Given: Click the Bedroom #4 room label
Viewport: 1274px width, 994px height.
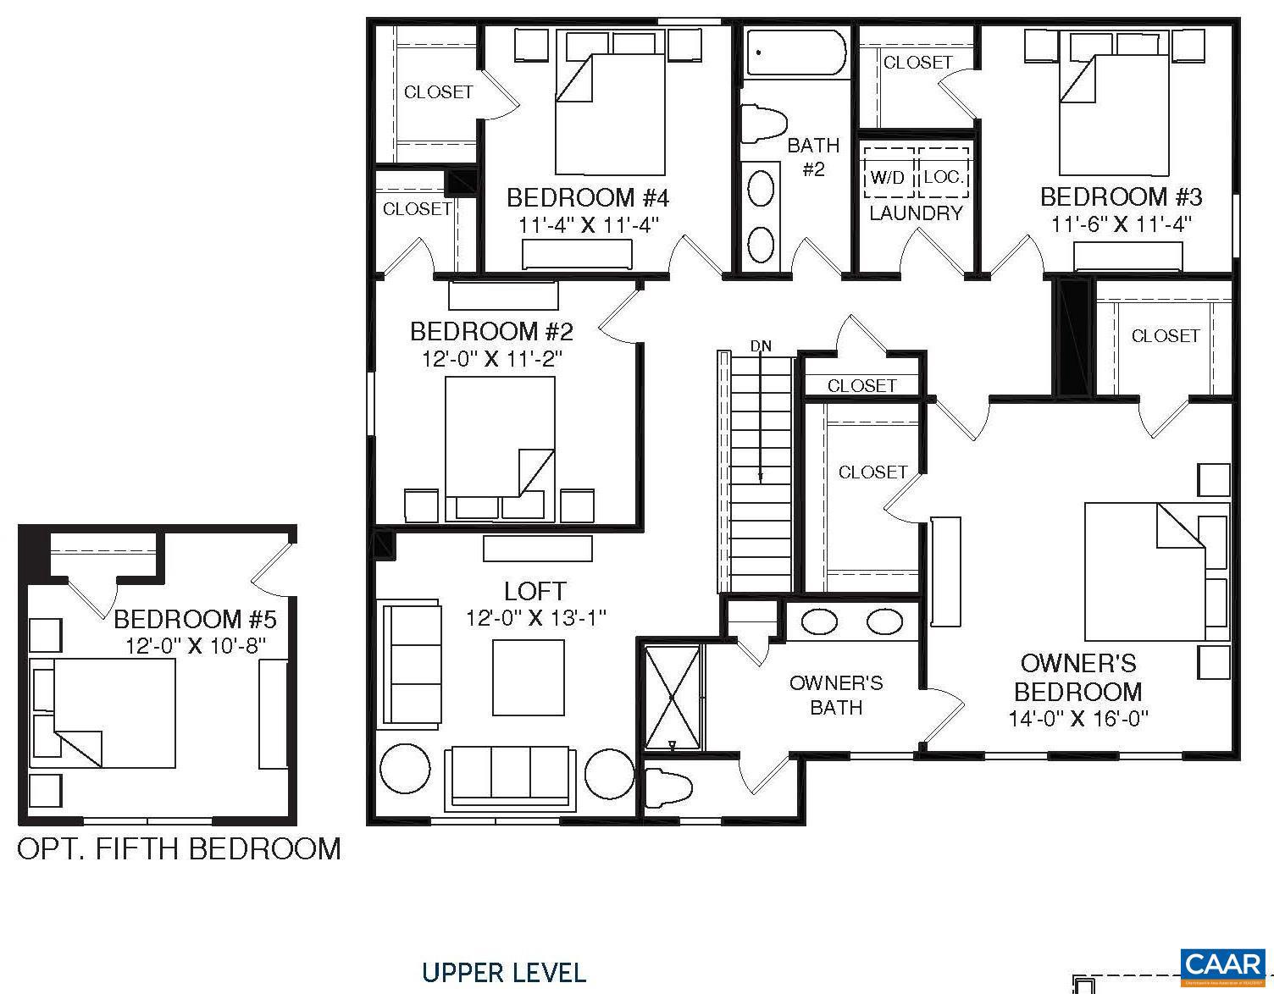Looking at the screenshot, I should [x=588, y=198].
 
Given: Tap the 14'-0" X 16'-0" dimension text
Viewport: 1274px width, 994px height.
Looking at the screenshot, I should [x=1077, y=719].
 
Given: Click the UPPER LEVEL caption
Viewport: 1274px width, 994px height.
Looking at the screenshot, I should [x=504, y=973].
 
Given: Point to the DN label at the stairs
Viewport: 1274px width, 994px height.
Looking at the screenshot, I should [x=761, y=346].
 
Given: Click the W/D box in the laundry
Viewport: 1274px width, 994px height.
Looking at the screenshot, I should [x=888, y=177].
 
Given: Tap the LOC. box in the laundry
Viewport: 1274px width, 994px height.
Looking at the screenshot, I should [x=943, y=176].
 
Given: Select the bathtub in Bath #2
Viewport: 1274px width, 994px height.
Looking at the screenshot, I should [x=795, y=52].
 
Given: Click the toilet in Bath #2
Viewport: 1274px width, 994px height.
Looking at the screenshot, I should [x=763, y=124].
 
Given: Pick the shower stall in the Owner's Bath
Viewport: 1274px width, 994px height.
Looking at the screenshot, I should [x=673, y=698].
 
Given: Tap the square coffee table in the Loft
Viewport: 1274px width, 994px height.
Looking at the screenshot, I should [x=529, y=677].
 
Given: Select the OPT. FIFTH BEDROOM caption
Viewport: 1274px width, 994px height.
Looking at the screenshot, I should [x=179, y=848].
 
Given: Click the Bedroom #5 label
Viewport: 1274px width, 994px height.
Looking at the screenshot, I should [x=195, y=619].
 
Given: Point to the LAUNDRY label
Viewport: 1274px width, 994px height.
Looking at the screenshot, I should [x=916, y=213].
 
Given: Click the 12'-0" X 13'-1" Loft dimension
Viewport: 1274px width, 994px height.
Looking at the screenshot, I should [x=535, y=618].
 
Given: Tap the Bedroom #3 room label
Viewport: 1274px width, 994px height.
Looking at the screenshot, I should [x=1121, y=197].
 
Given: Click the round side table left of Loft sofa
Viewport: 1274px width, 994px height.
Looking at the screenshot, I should [x=405, y=770].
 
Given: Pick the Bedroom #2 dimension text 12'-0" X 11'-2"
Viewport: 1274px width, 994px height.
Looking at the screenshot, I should [x=491, y=358].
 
